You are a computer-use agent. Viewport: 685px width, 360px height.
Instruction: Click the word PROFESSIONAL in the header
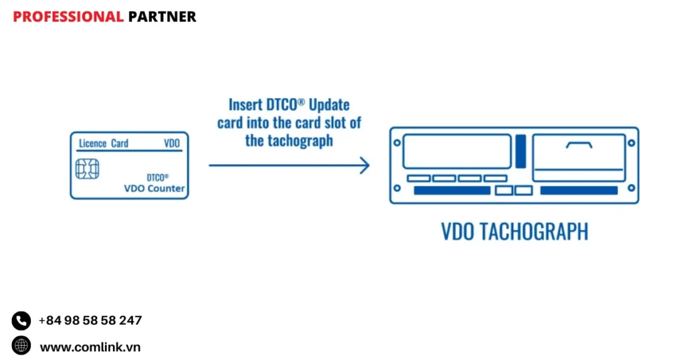(x=68, y=17)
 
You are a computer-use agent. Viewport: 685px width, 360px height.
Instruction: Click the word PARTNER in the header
(x=162, y=17)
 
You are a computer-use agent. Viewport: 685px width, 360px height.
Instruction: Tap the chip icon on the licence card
(x=87, y=169)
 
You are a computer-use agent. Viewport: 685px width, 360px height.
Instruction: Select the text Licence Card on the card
(x=104, y=143)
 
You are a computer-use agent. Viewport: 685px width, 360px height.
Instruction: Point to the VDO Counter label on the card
(x=155, y=189)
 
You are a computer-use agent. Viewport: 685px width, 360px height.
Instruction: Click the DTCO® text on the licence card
(x=157, y=177)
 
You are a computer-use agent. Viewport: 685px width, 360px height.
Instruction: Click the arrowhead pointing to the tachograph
(x=365, y=165)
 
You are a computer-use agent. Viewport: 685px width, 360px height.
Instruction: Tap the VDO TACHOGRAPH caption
(x=514, y=232)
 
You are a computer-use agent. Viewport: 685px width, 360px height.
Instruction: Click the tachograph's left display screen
(x=457, y=151)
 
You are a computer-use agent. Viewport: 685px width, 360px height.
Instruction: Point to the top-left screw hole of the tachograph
(x=397, y=143)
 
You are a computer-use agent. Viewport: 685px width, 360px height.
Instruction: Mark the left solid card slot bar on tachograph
(x=452, y=191)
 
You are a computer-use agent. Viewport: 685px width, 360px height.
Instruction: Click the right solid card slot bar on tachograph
(x=579, y=191)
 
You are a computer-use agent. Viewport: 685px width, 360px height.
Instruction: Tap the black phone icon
(x=21, y=321)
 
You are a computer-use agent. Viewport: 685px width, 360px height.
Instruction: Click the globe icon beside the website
(x=21, y=346)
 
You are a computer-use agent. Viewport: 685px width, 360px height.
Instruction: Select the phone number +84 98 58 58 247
(x=90, y=321)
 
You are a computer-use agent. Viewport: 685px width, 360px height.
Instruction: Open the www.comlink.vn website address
(x=90, y=347)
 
